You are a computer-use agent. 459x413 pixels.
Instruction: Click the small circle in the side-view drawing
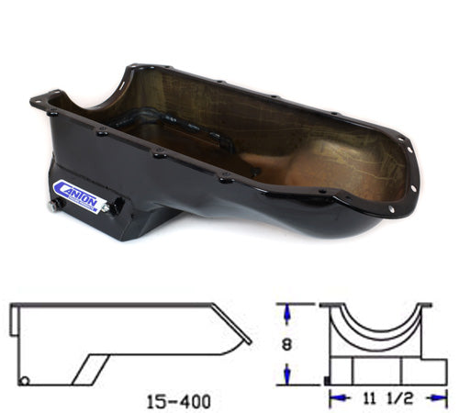[25, 380]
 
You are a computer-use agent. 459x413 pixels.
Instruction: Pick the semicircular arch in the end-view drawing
[376, 327]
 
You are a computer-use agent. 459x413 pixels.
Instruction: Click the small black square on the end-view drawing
[326, 380]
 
